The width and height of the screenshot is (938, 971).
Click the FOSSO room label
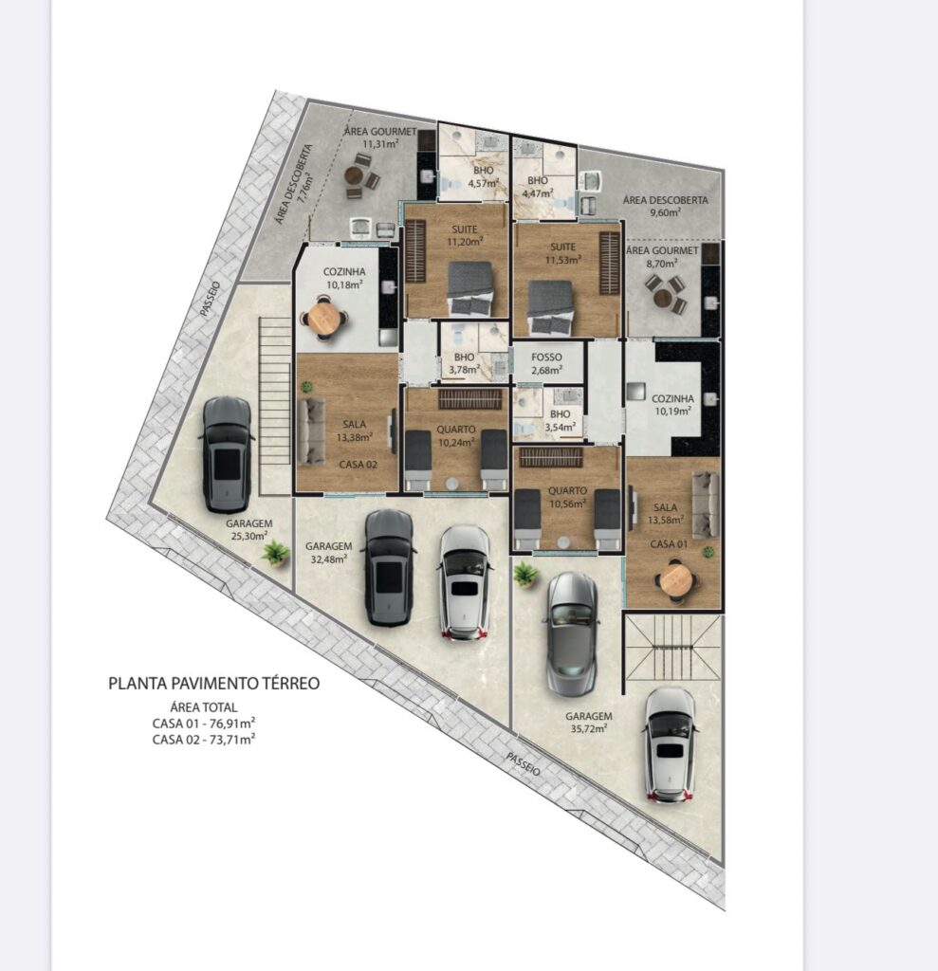pyautogui.click(x=546, y=357)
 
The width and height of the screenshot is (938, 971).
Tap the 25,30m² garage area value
pyautogui.click(x=249, y=537)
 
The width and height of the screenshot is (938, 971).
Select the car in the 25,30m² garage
pyautogui.click(x=228, y=454)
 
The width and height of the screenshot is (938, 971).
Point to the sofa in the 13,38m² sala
pyautogui.click(x=311, y=431)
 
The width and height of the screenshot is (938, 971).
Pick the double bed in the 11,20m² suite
pyautogui.click(x=470, y=288)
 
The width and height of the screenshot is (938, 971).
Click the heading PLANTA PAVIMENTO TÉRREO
pyautogui.click(x=213, y=684)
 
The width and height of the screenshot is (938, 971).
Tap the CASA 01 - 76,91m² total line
pyautogui.click(x=204, y=724)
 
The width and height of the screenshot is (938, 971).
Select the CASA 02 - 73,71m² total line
pyautogui.click(x=204, y=740)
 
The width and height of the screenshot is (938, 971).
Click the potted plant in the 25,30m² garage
pyautogui.click(x=275, y=553)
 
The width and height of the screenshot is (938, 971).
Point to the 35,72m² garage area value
pyautogui.click(x=589, y=729)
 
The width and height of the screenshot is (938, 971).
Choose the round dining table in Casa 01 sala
pyautogui.click(x=674, y=581)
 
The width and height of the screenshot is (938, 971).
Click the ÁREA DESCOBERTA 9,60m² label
pyautogui.click(x=666, y=206)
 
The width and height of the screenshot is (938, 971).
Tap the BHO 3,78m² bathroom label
pyautogui.click(x=465, y=364)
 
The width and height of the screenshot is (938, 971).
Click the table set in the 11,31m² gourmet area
pyautogui.click(x=361, y=176)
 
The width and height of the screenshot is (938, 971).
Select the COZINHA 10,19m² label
pyautogui.click(x=672, y=404)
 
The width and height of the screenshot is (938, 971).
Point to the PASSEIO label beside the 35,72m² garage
pyautogui.click(x=524, y=765)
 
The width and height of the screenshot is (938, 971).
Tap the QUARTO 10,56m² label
pyautogui.click(x=567, y=497)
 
